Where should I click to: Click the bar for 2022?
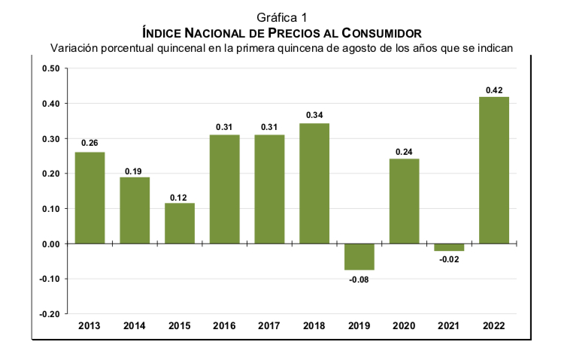(494, 170)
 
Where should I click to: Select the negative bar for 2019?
(359, 256)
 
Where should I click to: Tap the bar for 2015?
(180, 223)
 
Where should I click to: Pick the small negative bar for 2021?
(449, 247)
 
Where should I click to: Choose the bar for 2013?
(89, 198)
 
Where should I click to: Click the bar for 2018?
(314, 183)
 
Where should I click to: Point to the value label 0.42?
(494, 90)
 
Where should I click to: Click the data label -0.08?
(359, 280)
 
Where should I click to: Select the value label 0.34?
(314, 116)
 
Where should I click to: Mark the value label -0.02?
(449, 260)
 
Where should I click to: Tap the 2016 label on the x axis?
(224, 325)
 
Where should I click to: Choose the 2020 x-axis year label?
(404, 325)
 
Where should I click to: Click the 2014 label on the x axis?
(134, 325)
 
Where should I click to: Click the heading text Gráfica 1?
(282, 17)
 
